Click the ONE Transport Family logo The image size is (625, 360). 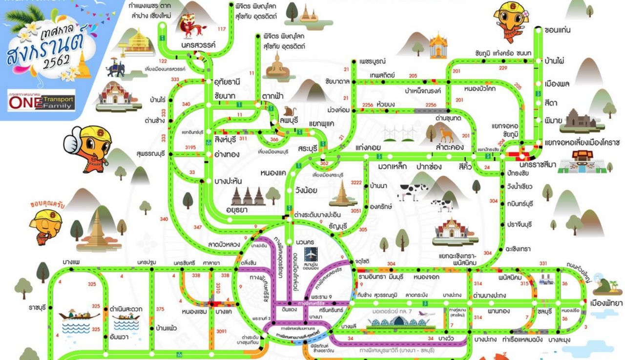pyautogui.click(x=42, y=101)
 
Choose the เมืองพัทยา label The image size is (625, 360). pyautogui.click(x=606, y=303)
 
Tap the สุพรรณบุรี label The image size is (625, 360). pyautogui.click(x=152, y=154)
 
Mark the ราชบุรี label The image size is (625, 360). pyautogui.click(x=37, y=308)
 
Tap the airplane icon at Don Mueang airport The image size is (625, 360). pyautogui.click(x=310, y=254)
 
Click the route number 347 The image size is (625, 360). pyautogui.click(x=197, y=227)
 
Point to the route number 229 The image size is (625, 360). pyautogui.click(x=503, y=68)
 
